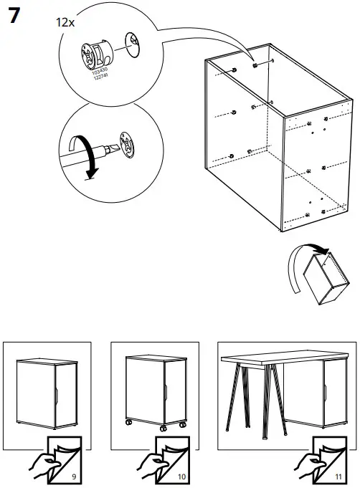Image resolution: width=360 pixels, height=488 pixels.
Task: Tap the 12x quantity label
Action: pos(66,22)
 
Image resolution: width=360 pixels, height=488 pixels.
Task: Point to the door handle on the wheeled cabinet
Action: pos(164,393)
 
